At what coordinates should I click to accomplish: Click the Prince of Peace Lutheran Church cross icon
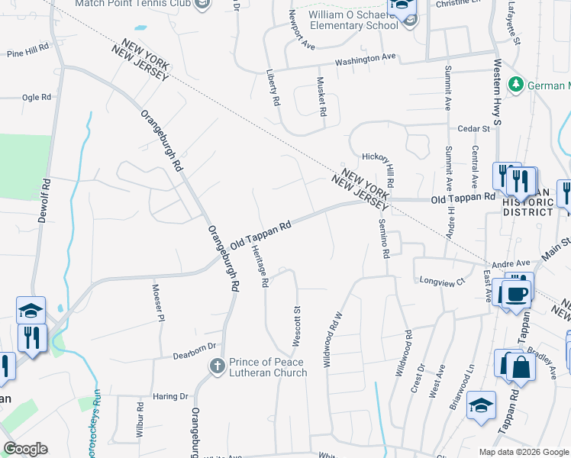click(218, 367)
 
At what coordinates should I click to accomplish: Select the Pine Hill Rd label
click(27, 54)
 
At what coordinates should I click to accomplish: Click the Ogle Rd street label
click(36, 97)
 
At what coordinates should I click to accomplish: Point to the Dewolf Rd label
click(44, 200)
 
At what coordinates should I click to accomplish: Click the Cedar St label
click(473, 130)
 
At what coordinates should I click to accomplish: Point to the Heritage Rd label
click(260, 266)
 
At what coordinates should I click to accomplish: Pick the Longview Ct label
click(442, 282)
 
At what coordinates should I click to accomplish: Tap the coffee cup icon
click(516, 293)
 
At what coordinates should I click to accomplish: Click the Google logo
click(25, 449)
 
